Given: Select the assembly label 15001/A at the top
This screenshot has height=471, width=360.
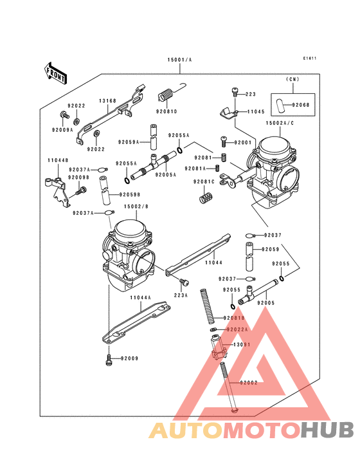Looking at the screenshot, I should [x=180, y=60].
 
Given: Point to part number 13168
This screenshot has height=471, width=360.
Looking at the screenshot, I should [x=107, y=100].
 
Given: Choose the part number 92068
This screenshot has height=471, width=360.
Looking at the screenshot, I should [x=300, y=104].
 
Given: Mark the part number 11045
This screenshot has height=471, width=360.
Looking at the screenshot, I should [x=256, y=111].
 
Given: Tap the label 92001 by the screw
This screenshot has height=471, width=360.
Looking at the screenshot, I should [x=243, y=142].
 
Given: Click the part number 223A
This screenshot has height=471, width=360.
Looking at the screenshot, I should [x=181, y=295].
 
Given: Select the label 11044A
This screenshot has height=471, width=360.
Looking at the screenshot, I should [x=139, y=297].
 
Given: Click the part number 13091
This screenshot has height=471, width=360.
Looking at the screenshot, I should [x=241, y=345].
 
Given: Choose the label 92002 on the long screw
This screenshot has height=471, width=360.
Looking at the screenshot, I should [x=249, y=382].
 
